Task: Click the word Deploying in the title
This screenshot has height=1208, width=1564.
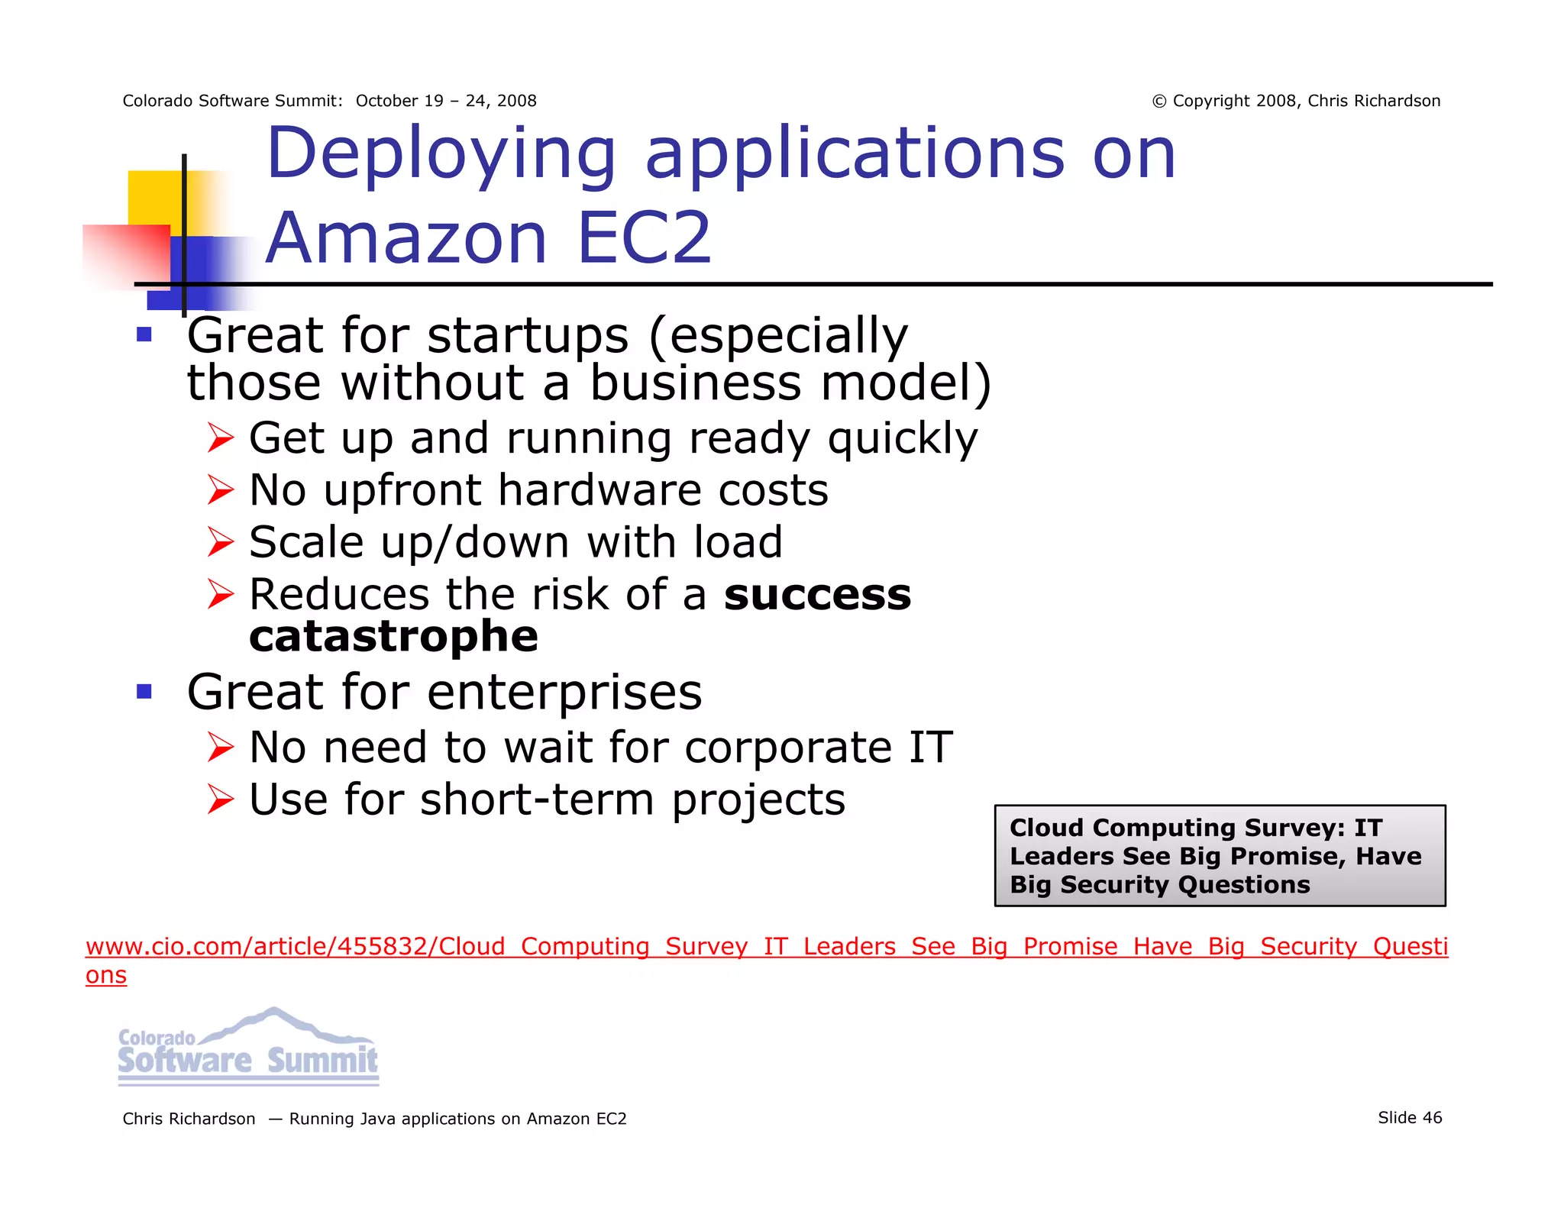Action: pos(441,155)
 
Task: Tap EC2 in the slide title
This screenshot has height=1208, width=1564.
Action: pos(644,238)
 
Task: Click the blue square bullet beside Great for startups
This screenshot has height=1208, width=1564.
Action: pos(144,334)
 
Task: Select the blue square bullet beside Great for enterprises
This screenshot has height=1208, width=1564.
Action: pos(144,692)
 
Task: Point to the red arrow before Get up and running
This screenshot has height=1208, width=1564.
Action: pos(220,438)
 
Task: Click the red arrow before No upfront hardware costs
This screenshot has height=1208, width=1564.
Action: pos(220,490)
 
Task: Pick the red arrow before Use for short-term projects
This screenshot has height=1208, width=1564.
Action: pos(220,799)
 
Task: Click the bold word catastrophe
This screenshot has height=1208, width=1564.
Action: pos(393,637)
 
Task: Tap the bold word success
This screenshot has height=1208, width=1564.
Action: pos(817,595)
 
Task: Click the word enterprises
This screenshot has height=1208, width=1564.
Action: pos(564,692)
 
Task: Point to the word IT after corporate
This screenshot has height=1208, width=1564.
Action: pos(930,747)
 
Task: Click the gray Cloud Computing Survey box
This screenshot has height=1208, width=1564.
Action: pos(1220,855)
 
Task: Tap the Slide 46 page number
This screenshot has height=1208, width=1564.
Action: pos(1410,1118)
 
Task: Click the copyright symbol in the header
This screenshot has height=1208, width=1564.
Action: pos(1159,102)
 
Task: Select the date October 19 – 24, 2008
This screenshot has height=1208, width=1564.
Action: pos(446,101)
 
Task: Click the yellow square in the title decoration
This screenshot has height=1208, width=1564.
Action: pos(157,197)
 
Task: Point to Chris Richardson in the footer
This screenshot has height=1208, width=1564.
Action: pos(189,1119)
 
